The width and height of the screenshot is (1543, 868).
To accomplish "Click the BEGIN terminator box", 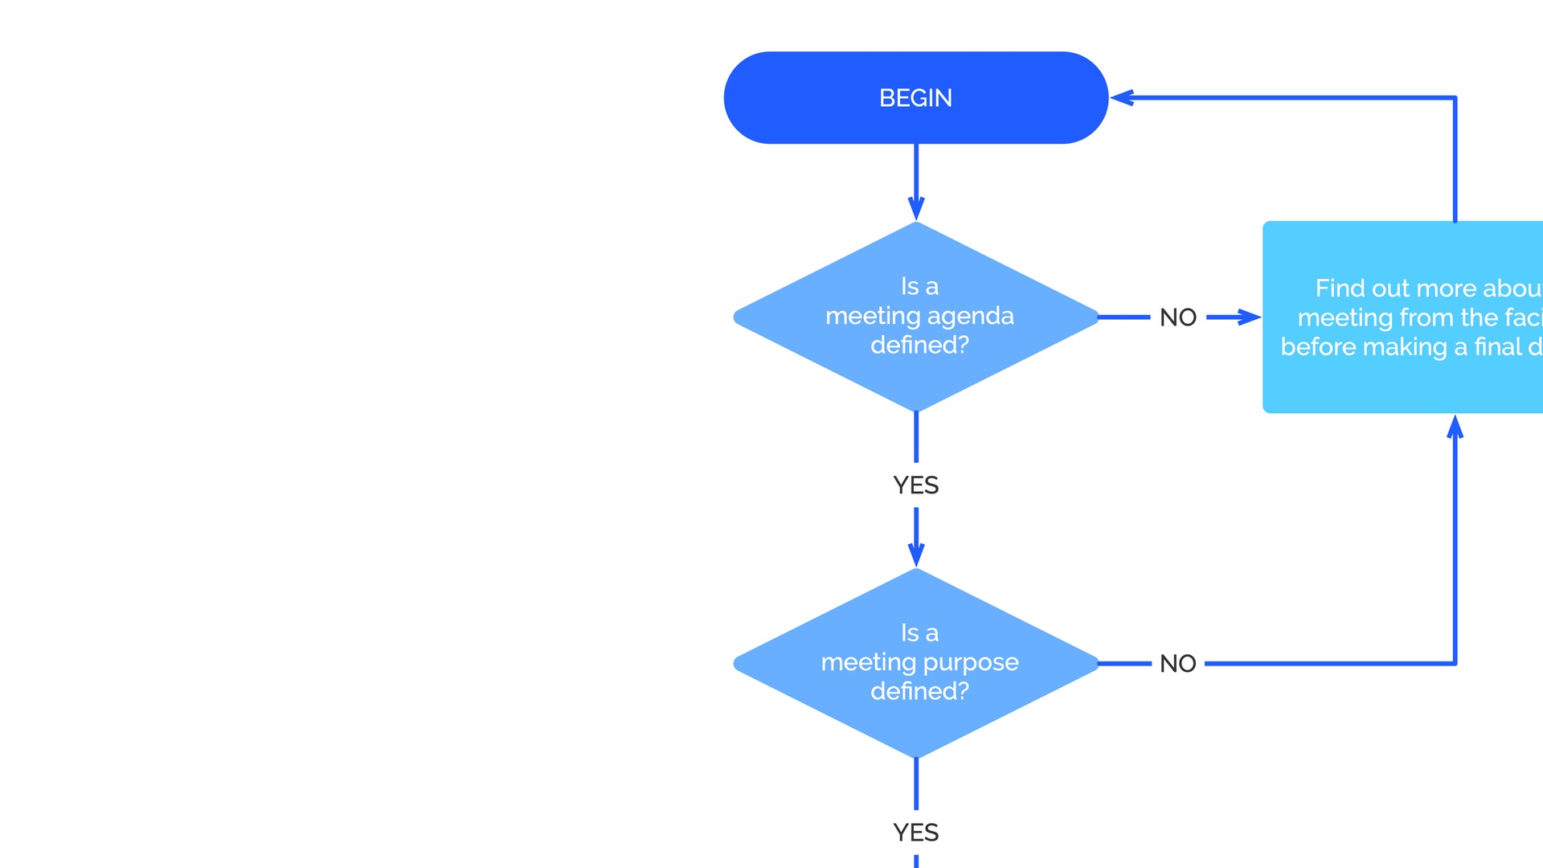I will (804, 98).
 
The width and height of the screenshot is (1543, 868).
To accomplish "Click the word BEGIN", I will (915, 98).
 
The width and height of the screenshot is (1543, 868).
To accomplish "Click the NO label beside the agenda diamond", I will (1178, 317).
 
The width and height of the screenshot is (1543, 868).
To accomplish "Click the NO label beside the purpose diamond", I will (1178, 664).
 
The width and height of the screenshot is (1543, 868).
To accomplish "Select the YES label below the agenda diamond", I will (916, 485).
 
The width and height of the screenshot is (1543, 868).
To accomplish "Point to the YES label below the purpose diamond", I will (916, 833).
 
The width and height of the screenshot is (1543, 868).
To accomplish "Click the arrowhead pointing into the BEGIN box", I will (1122, 98).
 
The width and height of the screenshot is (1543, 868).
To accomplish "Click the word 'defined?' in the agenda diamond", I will (919, 345).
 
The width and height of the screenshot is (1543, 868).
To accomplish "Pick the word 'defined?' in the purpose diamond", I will (919, 691).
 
